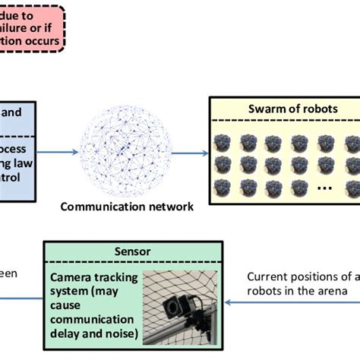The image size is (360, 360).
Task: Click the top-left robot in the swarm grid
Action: click(x=223, y=141)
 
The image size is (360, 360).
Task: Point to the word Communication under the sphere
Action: click(x=99, y=206)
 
